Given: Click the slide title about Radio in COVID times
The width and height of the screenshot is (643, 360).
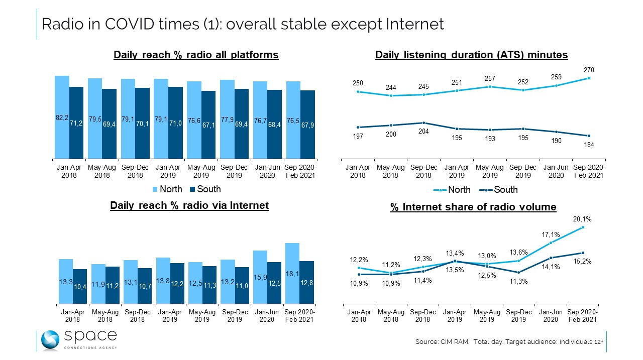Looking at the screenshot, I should (243, 24).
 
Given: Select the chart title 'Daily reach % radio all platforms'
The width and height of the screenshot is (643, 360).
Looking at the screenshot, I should (196, 55).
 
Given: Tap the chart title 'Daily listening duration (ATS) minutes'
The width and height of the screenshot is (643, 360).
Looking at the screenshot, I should (471, 55).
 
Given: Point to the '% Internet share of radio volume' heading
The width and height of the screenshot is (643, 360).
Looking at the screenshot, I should (473, 207).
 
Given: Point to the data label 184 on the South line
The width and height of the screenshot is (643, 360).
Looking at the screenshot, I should (589, 145).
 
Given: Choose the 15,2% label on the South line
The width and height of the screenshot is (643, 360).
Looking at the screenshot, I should (582, 261).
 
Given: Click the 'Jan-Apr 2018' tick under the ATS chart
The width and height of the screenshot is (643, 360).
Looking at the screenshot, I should (358, 171).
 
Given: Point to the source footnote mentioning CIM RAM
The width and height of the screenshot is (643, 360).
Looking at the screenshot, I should (509, 341).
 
